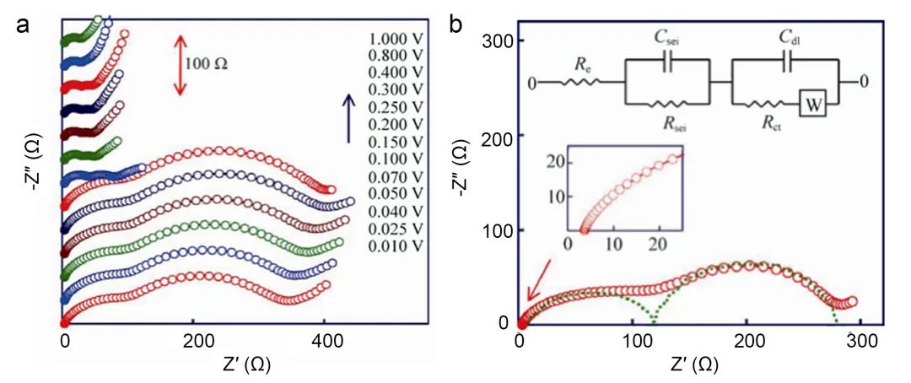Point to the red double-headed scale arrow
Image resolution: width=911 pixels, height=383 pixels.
(x=179, y=64)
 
